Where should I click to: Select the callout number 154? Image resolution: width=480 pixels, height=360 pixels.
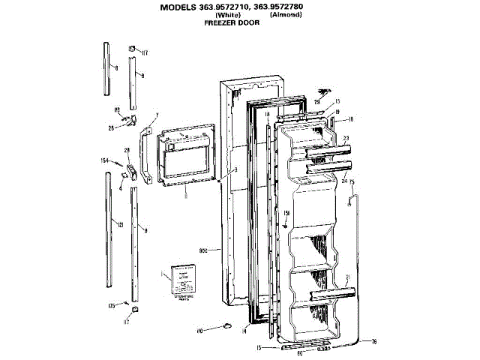(x=105, y=160)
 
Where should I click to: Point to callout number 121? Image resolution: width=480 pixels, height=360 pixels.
(x=119, y=224)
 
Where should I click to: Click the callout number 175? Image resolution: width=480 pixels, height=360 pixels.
(x=112, y=306)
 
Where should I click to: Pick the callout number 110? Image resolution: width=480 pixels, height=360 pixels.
(x=200, y=331)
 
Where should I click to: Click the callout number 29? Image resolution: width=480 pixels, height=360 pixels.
(x=317, y=102)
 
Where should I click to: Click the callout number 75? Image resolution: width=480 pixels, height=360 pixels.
(x=352, y=183)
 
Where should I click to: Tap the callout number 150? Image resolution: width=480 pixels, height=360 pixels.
(x=286, y=213)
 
